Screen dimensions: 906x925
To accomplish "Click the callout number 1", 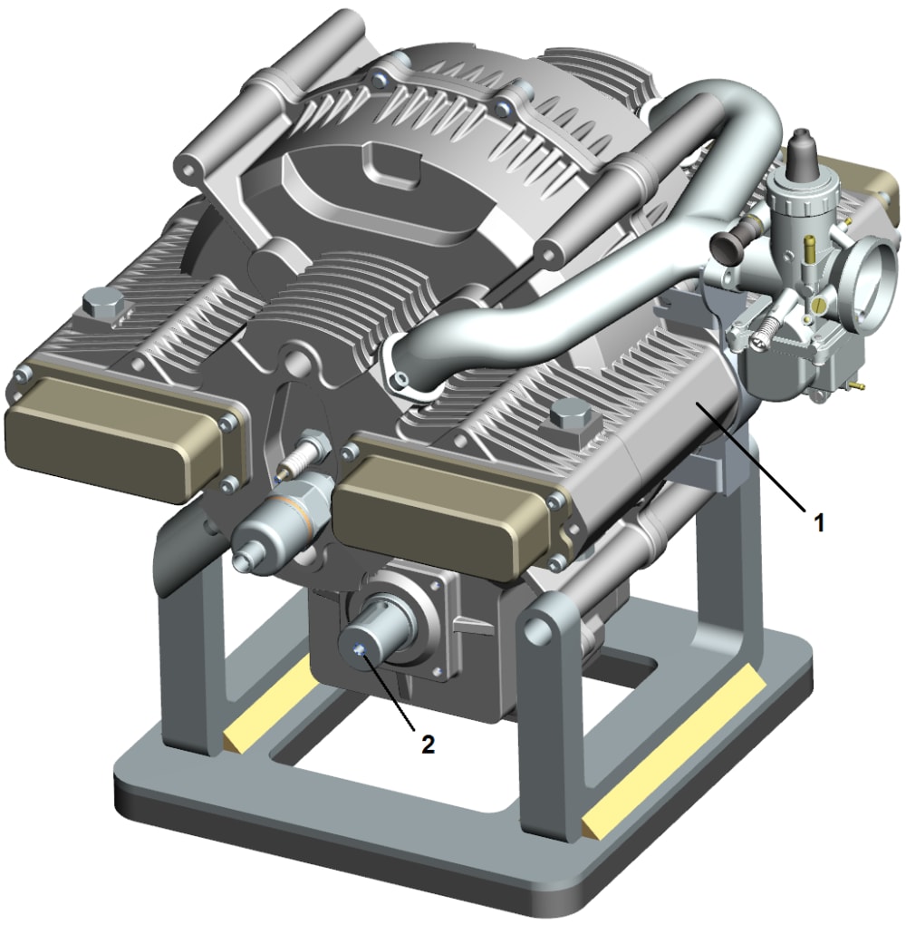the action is coord(818,522).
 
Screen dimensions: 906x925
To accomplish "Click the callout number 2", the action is coord(428,744).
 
